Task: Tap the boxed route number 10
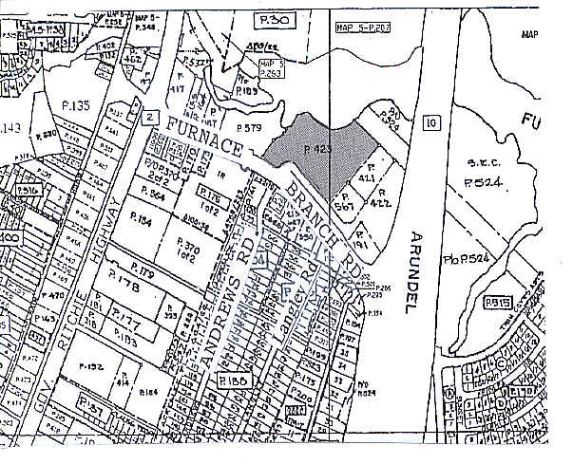point(432,121)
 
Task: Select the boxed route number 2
point(149,117)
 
